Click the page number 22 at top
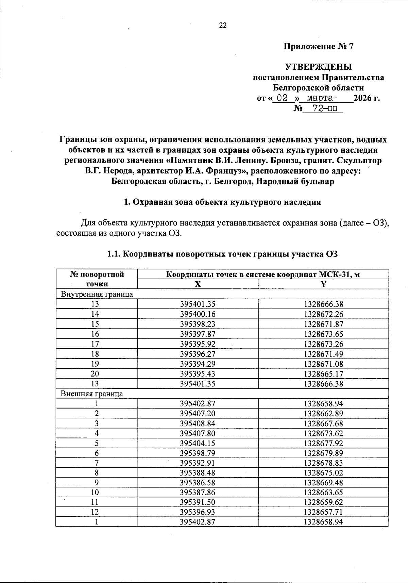pyautogui.click(x=223, y=26)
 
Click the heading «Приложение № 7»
pyautogui.click(x=319, y=47)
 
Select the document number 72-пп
pyautogui.click(x=323, y=109)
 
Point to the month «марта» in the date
pyautogui.click(x=319, y=98)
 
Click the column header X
pyautogui.click(x=198, y=284)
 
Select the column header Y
pyautogui.click(x=323, y=284)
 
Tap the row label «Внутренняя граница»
pyautogui.click(x=97, y=294)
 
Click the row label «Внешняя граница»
pyautogui.click(x=92, y=394)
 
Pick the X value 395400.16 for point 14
pyautogui.click(x=198, y=314)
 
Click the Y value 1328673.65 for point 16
pyautogui.click(x=323, y=334)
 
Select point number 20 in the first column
pyautogui.click(x=95, y=374)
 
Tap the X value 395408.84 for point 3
pyautogui.click(x=198, y=423)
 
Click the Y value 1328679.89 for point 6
pyautogui.click(x=323, y=453)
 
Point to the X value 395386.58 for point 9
pyautogui.click(x=198, y=483)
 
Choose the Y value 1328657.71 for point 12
pyautogui.click(x=323, y=512)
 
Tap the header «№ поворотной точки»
pyautogui.click(x=97, y=279)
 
